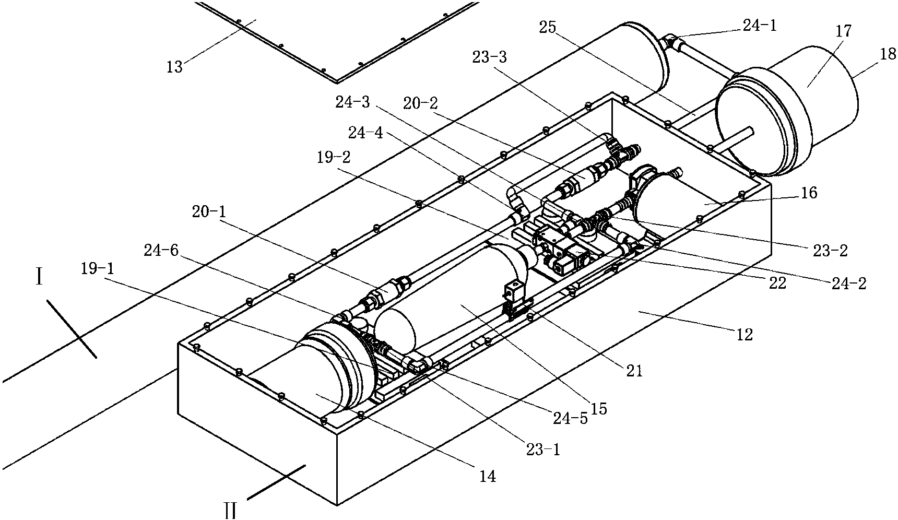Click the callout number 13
[174, 67]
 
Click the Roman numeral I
[39, 278]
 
